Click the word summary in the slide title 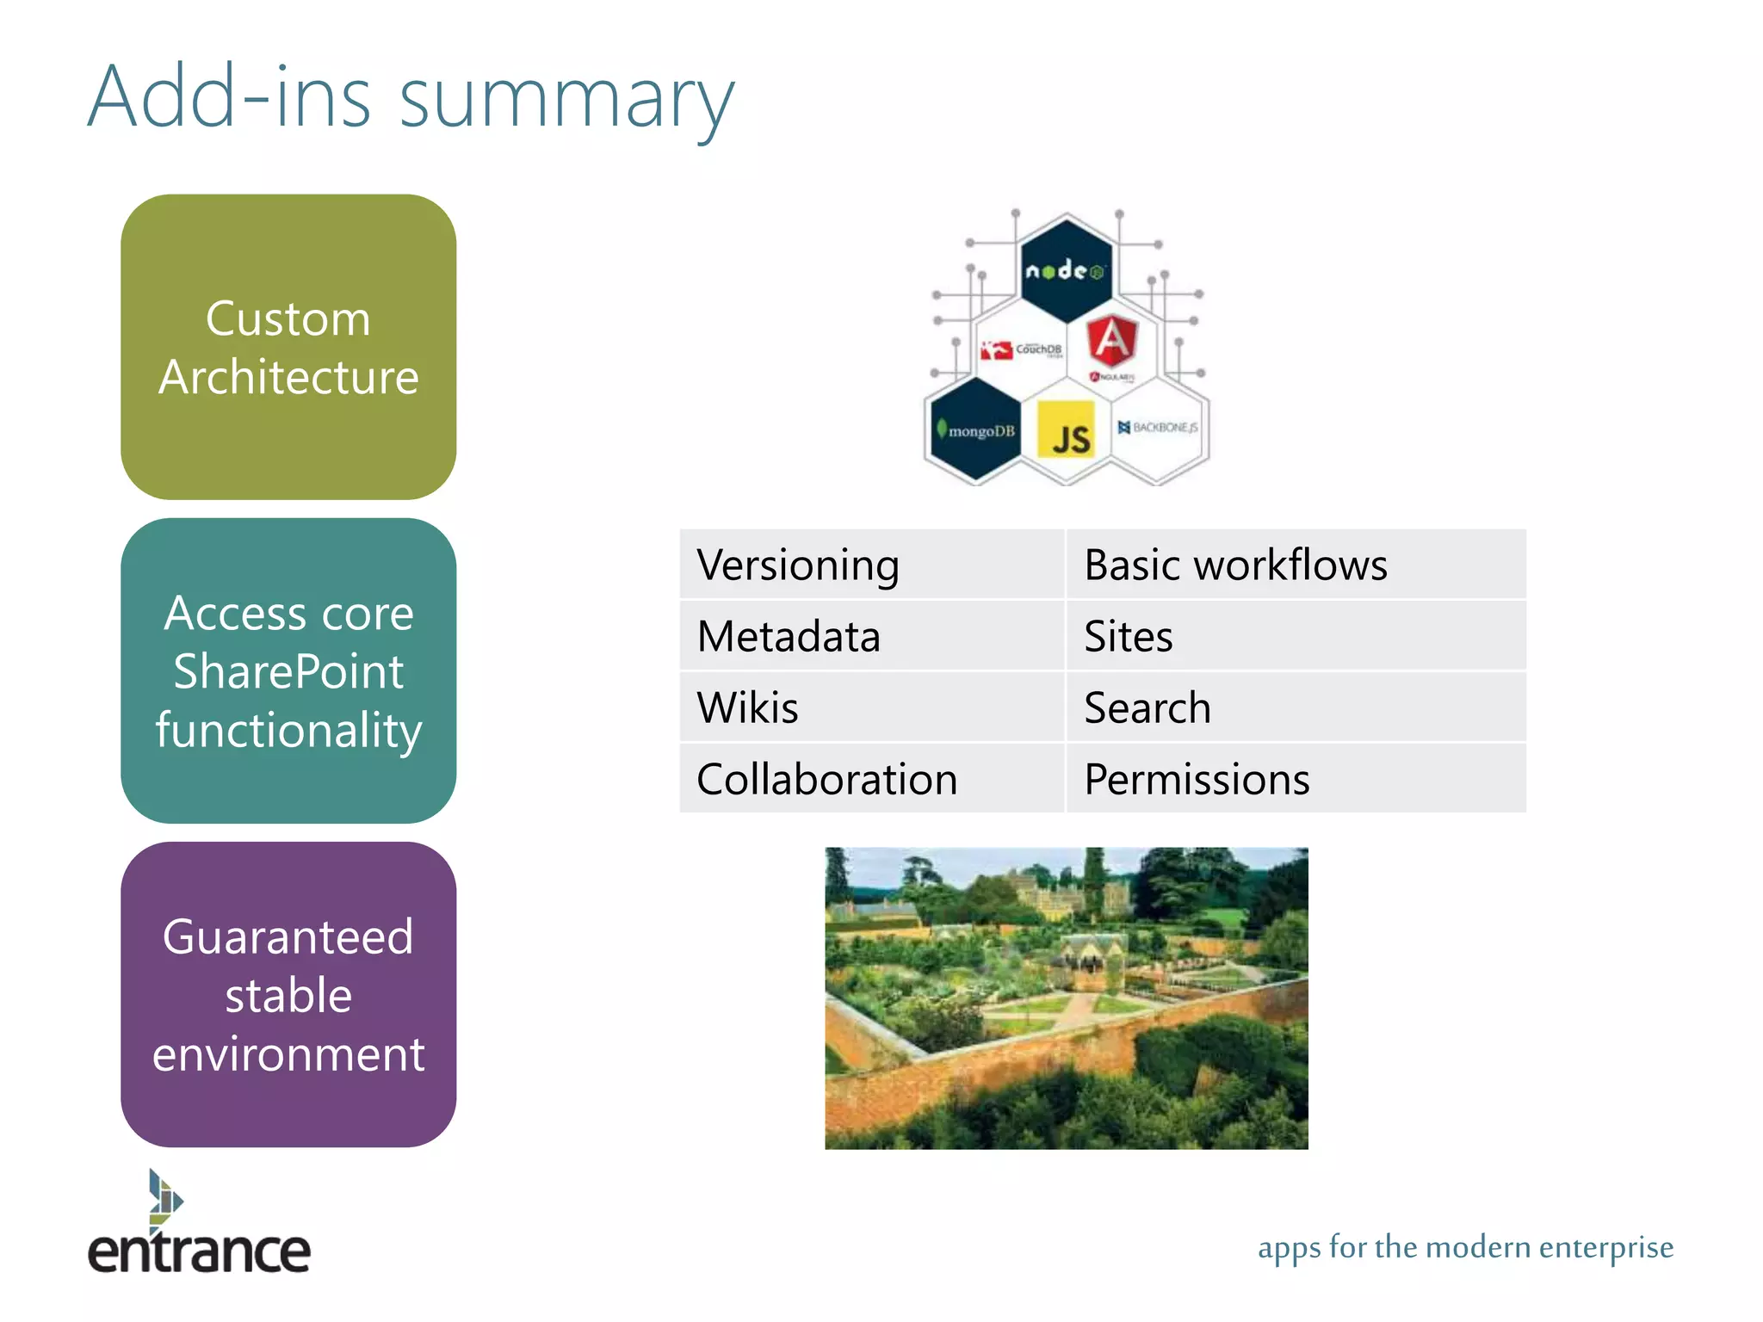click(566, 102)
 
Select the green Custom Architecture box click(288, 347)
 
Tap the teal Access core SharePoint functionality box click(288, 670)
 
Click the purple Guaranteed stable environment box click(288, 994)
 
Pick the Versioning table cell click(871, 565)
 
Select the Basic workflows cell click(1296, 565)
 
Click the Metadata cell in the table click(871, 636)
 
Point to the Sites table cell click(1296, 636)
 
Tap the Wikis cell click(871, 707)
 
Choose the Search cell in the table click(1296, 707)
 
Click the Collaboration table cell click(871, 779)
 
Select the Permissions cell click(1296, 779)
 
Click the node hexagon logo click(1066, 270)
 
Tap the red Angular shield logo click(1111, 341)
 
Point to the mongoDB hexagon click(977, 429)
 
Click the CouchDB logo click(1022, 349)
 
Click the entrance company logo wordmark click(199, 1250)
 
